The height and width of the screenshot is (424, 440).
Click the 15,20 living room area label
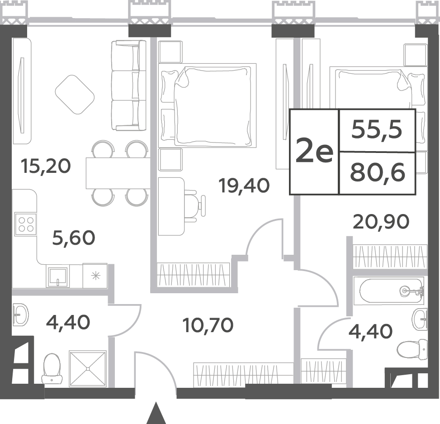46,167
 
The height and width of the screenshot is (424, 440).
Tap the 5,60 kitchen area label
74,238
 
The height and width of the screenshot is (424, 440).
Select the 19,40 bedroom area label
244,186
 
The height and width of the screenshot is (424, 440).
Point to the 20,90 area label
381,222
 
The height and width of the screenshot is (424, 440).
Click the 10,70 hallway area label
208,325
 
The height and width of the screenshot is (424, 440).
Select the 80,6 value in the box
378,172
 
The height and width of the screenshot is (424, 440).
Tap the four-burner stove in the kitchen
26,224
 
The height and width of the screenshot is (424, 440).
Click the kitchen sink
57,276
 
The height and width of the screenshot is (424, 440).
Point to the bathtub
388,291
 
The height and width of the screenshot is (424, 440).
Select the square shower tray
88,369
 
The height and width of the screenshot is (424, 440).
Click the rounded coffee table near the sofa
75,95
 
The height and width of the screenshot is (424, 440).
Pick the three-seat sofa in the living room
129,86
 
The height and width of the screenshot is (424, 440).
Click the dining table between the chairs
118,173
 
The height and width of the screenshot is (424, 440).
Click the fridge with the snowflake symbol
95,276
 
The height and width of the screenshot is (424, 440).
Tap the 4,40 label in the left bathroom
68,322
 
